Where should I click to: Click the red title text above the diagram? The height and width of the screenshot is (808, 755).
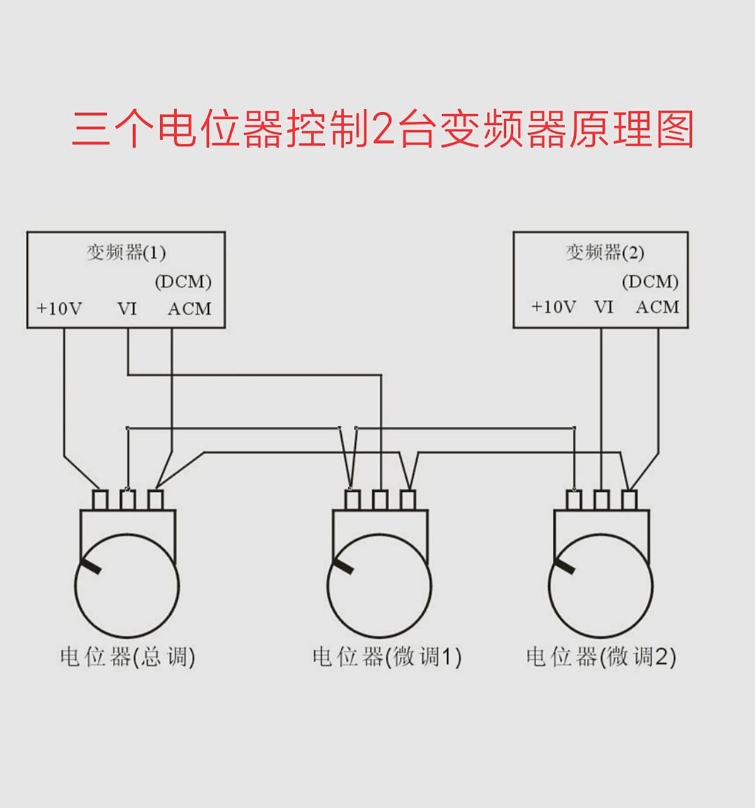coord(382,129)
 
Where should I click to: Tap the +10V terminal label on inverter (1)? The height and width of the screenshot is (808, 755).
coord(59,309)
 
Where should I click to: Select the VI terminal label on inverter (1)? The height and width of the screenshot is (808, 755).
coord(127,309)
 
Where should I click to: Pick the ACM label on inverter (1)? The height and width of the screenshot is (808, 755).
coord(189,309)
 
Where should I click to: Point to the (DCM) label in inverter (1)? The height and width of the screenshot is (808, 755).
coord(183,282)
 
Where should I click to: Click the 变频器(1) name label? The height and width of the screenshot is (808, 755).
coord(126,252)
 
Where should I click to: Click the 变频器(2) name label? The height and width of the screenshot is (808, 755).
coord(604,252)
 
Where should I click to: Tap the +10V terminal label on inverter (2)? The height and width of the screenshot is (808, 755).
coord(553,307)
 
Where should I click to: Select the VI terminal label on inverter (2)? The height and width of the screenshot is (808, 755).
coord(604,307)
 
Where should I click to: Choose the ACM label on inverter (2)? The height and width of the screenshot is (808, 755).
coord(657,307)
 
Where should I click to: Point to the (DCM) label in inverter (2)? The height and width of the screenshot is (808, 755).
coord(650,282)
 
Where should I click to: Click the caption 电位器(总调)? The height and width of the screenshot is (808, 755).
coord(127,657)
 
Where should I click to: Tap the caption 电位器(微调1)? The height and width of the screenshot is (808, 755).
coord(387,657)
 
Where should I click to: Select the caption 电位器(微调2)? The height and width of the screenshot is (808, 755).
coord(600,657)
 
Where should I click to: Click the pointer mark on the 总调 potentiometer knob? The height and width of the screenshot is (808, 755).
coord(90,566)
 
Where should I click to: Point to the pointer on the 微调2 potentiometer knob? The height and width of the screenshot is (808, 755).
coord(565,566)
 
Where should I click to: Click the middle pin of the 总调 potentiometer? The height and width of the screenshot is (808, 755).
coord(127,501)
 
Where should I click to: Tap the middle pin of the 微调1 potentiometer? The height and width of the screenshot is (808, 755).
coord(380,501)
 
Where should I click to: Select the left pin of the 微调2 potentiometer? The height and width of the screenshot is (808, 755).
coord(573,501)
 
